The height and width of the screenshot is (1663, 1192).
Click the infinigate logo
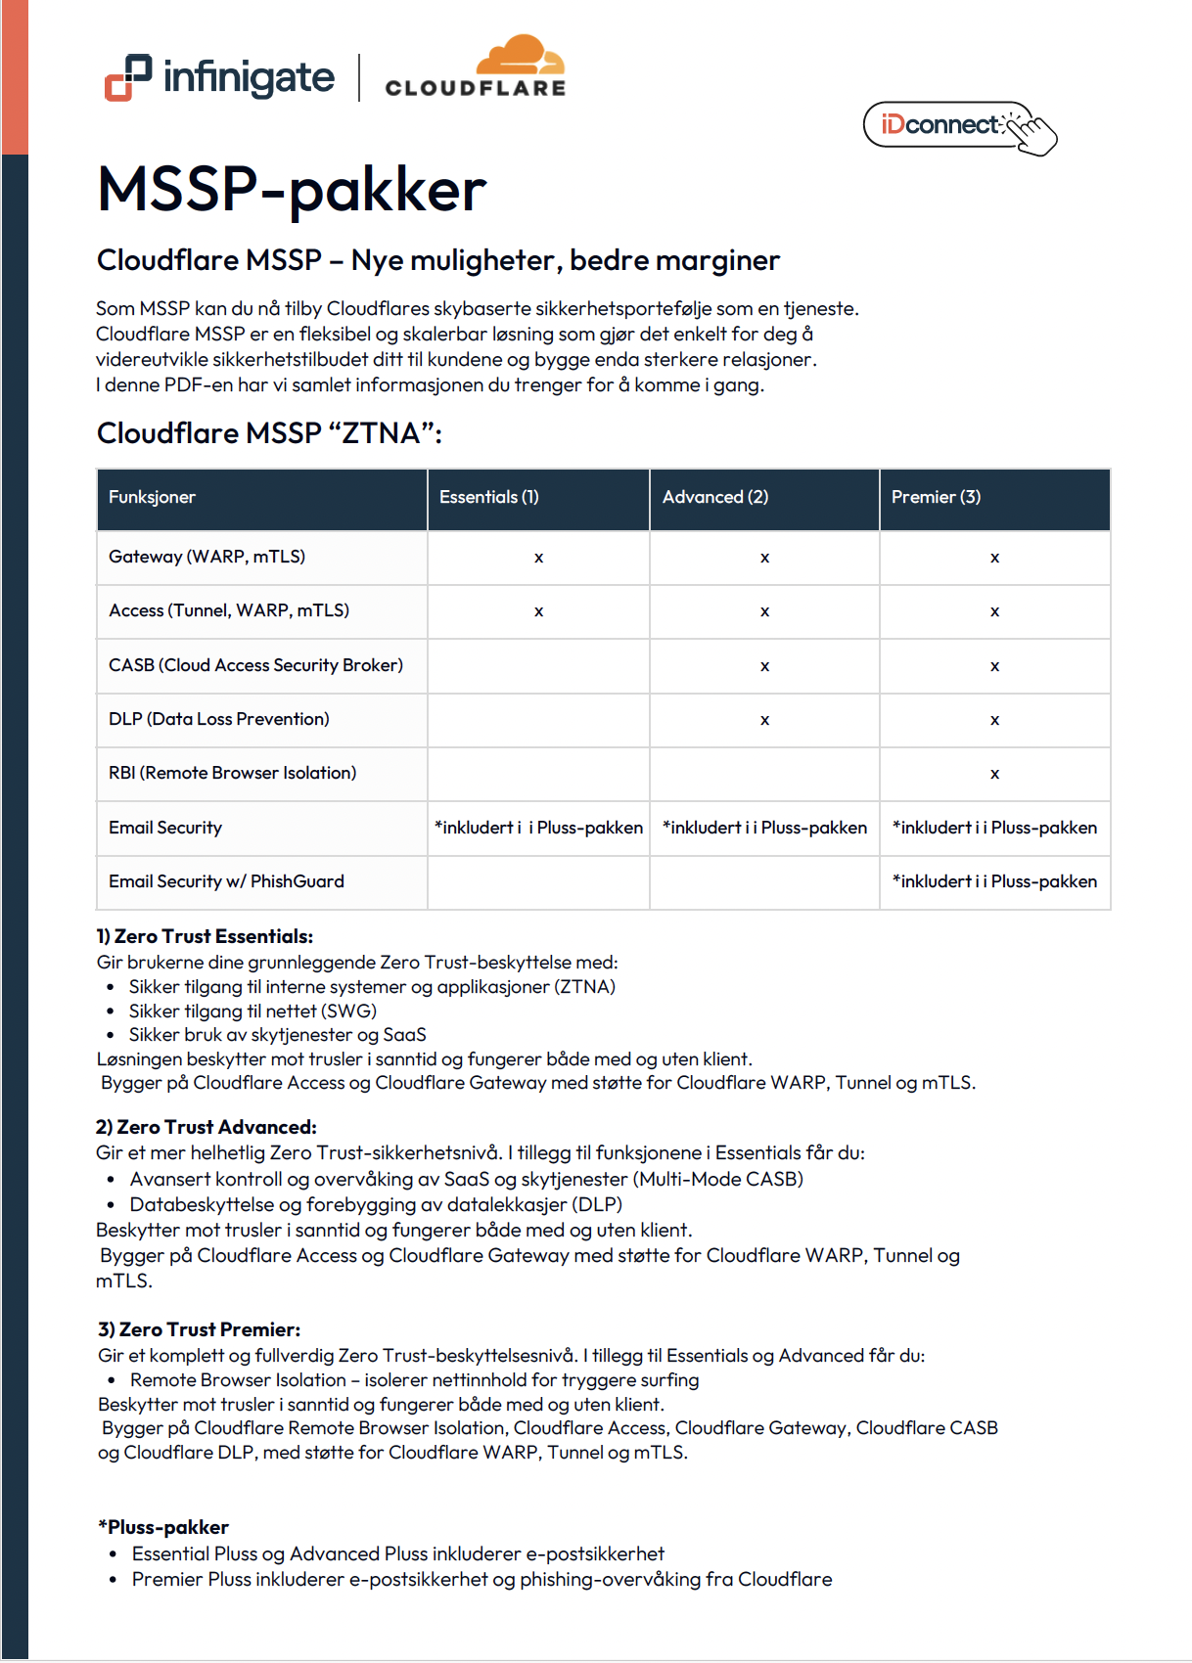tap(220, 77)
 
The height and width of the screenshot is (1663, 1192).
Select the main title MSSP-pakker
tap(292, 189)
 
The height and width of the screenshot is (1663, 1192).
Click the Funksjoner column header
tap(152, 497)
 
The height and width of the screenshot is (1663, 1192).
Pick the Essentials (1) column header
tap(489, 497)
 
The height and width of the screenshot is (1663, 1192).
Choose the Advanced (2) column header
tap(715, 497)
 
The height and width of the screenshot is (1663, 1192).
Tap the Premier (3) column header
tap(936, 497)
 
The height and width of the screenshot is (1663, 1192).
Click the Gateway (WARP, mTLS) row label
tap(206, 557)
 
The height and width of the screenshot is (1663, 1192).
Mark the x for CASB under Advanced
tap(764, 666)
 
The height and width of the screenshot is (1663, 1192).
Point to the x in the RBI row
tap(994, 774)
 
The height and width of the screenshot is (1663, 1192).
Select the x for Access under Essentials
tap(538, 611)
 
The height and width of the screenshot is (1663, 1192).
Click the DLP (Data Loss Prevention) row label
tap(219, 719)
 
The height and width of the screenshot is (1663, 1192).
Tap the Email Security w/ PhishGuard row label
tap(226, 881)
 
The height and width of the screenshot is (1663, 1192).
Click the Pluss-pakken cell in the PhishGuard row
tap(994, 881)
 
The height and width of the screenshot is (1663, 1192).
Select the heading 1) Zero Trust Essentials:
tap(205, 936)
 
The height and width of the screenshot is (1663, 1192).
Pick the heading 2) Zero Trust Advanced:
tap(206, 1127)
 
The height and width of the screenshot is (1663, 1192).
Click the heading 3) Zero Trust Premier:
tap(200, 1329)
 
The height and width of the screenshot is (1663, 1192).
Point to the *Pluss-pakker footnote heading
tap(163, 1527)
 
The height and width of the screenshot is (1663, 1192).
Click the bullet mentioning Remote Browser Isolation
tap(414, 1380)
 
